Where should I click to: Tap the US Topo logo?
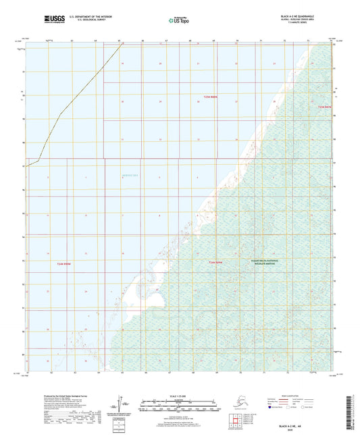[x=179, y=20]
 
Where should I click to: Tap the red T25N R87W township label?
[x=325, y=106]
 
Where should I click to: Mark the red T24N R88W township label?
[x=215, y=261]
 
